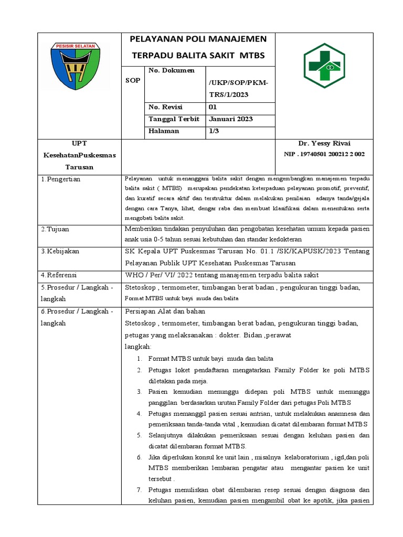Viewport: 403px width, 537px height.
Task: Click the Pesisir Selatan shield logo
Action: [79, 66]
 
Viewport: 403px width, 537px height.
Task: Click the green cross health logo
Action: [324, 66]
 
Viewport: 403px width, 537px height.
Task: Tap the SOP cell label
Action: [133, 80]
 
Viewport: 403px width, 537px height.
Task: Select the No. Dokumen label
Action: [171, 70]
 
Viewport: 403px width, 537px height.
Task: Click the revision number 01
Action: [213, 107]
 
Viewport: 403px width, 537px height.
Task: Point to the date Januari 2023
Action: [231, 119]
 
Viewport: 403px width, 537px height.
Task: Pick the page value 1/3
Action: [214, 131]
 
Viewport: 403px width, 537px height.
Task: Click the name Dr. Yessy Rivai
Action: [324, 144]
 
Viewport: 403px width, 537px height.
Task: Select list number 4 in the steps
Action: [140, 413]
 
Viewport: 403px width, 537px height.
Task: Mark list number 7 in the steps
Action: [140, 490]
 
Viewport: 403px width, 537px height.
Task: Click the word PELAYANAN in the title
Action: [153, 39]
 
